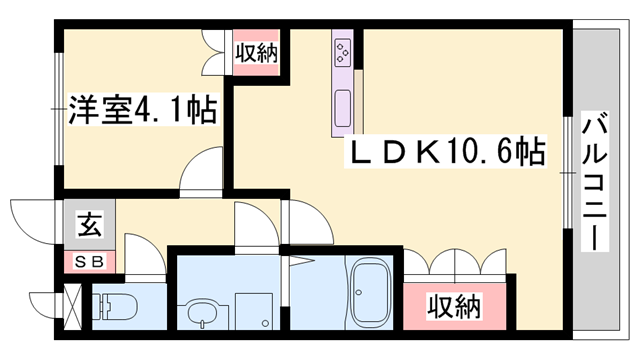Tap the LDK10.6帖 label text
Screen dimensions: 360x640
point(445,152)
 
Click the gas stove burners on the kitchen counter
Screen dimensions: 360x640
point(342,50)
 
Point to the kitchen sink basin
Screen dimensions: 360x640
point(342,106)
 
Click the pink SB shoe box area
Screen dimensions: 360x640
point(70,262)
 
